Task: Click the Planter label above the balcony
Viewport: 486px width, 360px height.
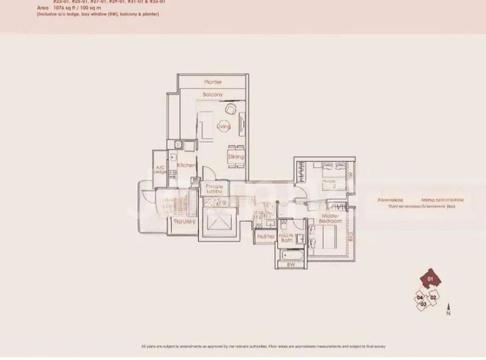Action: click(213, 82)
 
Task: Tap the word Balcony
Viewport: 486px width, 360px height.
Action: click(213, 95)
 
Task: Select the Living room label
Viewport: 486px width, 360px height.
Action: click(224, 126)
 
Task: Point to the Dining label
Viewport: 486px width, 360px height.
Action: click(236, 157)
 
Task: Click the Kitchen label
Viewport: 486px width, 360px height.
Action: click(185, 165)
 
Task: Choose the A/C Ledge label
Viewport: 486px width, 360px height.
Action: click(161, 170)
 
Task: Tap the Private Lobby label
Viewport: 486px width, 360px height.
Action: click(214, 188)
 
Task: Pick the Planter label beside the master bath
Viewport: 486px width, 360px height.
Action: click(265, 236)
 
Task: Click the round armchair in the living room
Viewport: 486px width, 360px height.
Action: click(231, 109)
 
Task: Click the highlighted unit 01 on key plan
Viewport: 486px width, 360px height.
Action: click(431, 280)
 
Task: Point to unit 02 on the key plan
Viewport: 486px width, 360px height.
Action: click(433, 297)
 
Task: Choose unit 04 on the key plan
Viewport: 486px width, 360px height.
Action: click(420, 297)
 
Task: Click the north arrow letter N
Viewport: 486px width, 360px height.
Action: click(448, 315)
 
